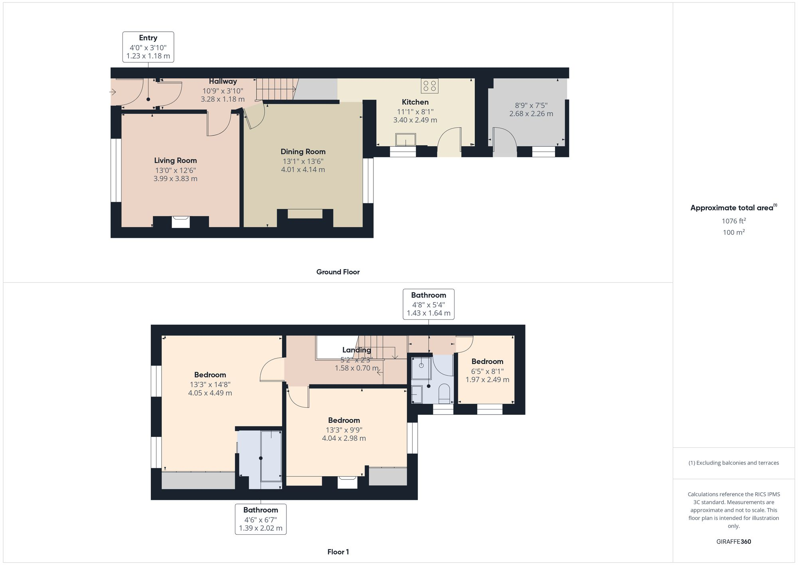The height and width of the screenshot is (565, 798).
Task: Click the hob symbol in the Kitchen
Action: [x=429, y=86]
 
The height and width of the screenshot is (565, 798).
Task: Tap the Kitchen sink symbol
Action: [x=405, y=140]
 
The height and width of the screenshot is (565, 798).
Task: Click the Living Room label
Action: [x=176, y=161]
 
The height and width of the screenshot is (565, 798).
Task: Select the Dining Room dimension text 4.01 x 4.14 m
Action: [x=303, y=170]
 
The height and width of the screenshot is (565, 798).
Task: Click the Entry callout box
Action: [x=148, y=47]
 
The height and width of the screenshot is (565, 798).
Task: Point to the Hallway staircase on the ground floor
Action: [x=276, y=89]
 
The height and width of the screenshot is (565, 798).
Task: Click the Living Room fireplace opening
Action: [x=180, y=222]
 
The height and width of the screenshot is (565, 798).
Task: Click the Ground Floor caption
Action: [x=338, y=272]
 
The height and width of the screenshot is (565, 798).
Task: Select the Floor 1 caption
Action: [x=338, y=552]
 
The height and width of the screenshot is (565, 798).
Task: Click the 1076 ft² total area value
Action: [x=733, y=221]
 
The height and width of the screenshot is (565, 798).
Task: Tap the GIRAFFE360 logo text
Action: [x=733, y=541]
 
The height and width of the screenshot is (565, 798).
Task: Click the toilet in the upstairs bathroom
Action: [x=444, y=393]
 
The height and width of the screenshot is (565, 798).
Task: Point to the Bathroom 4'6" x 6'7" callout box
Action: [x=261, y=519]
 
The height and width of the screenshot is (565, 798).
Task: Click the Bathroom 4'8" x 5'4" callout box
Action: [x=429, y=304]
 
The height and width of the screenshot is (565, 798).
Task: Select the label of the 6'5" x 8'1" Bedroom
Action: [x=487, y=361]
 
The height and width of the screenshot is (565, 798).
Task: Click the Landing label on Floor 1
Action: [x=356, y=350]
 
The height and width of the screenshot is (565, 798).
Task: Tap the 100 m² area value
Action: [x=733, y=232]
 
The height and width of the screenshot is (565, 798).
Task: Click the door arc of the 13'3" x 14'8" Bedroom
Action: [x=271, y=370]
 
